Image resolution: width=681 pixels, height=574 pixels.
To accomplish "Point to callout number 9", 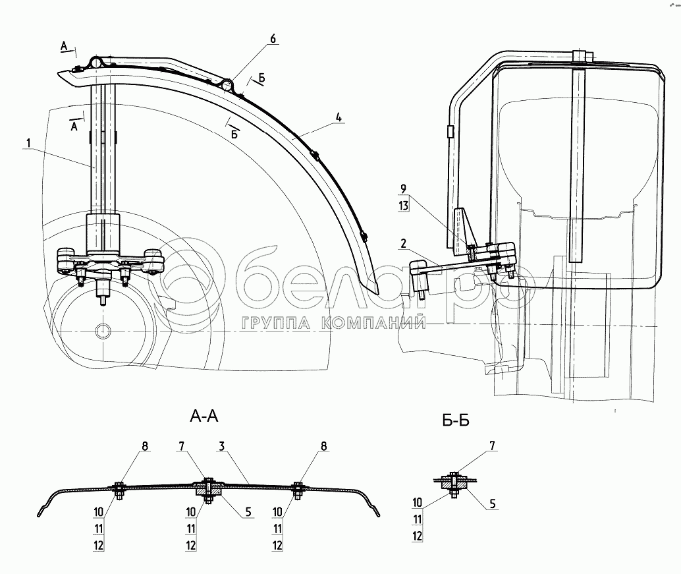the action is [x=404, y=189].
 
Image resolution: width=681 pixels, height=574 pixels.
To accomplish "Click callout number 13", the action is [x=404, y=206].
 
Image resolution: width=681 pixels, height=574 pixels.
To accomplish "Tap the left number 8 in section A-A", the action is [x=144, y=447].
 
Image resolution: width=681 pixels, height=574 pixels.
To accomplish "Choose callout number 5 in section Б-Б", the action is [x=493, y=505].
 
